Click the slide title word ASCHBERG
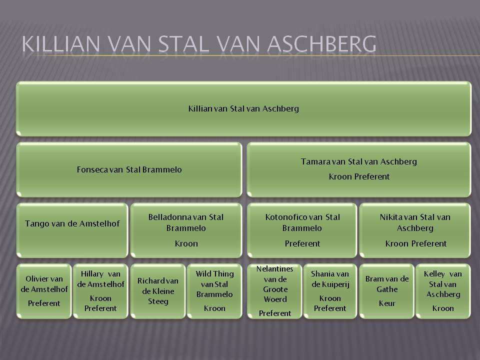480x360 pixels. [321, 44]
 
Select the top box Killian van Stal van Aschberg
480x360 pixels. [243, 108]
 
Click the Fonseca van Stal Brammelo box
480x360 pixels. [129, 169]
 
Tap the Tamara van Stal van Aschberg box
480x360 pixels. [359, 169]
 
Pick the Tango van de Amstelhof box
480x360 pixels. [72, 230]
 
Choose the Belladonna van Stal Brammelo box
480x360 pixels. [186, 230]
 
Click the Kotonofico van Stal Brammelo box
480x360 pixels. [302, 230]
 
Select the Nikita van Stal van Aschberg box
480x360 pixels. [415, 230]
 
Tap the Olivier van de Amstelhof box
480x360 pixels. [44, 291]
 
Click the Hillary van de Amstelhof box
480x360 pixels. [100, 291]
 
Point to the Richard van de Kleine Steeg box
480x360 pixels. [158, 291]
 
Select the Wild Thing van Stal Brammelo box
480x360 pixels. [214, 291]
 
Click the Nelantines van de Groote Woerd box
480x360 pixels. [274, 291]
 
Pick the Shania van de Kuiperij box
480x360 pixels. [330, 291]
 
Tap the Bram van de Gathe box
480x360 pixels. [386, 291]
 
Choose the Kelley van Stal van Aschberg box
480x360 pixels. [443, 291]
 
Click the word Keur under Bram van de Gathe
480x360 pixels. [387, 303]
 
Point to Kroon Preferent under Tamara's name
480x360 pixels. [359, 176]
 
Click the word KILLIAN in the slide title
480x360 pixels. [61, 44]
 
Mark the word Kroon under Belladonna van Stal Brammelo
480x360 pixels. [186, 243]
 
